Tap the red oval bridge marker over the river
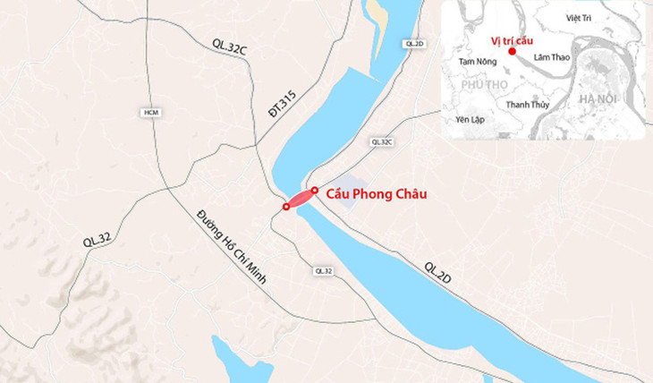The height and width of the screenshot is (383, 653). (x=299, y=199)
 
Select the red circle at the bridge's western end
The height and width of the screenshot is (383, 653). (x=285, y=207)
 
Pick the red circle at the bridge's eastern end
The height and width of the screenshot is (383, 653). (x=313, y=190)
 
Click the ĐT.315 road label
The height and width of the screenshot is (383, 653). (x=279, y=106)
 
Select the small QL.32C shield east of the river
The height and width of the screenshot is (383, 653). (x=381, y=141)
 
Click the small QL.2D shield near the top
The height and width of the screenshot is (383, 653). (x=413, y=43)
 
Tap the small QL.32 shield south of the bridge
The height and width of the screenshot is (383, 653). (x=323, y=270)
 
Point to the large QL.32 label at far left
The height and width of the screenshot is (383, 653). (x=98, y=236)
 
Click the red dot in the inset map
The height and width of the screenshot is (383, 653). (x=512, y=51)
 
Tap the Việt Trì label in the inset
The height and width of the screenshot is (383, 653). (x=581, y=17)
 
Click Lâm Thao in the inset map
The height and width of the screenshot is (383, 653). (x=551, y=57)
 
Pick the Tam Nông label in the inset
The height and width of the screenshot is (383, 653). (x=476, y=62)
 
